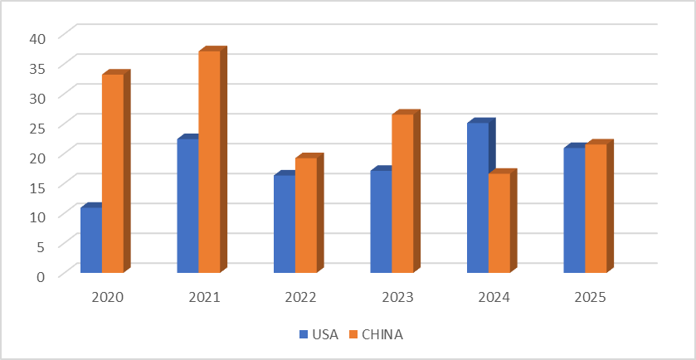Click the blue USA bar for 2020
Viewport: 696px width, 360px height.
click(91, 240)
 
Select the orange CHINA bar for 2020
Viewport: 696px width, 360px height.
click(113, 173)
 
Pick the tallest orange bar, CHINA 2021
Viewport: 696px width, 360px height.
click(209, 162)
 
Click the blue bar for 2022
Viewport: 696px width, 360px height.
click(285, 224)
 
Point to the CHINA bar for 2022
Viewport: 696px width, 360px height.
click(306, 215)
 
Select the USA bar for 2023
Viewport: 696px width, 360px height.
click(381, 221)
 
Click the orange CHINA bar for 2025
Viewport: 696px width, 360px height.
click(596, 208)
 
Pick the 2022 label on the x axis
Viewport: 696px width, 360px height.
click(300, 296)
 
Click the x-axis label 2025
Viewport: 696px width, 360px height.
click(590, 296)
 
